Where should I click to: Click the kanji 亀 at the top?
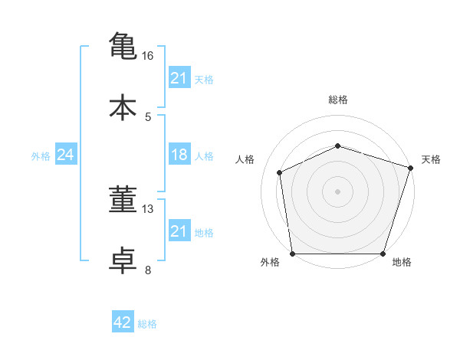(x=123, y=46)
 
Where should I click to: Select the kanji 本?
(x=123, y=107)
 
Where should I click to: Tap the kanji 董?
(x=123, y=198)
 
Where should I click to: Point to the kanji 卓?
(x=123, y=260)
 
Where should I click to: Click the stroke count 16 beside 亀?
(x=147, y=56)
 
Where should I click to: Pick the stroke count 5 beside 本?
(x=148, y=117)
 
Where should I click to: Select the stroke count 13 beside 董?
(x=147, y=209)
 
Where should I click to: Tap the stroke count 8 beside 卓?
(x=148, y=270)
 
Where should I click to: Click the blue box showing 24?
(x=66, y=154)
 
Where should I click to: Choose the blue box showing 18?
(x=179, y=154)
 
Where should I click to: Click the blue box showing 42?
(x=123, y=321)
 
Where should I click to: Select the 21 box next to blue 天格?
(x=179, y=77)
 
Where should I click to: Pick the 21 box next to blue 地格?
(x=179, y=230)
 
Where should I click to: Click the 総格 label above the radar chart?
(x=338, y=100)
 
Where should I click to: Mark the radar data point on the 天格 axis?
(x=410, y=168)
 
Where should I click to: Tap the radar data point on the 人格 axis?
(x=279, y=172)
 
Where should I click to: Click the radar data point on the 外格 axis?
(x=293, y=254)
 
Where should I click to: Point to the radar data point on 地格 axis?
(x=383, y=254)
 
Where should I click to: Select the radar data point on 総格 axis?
(x=337, y=146)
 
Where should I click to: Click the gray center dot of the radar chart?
(x=337, y=191)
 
